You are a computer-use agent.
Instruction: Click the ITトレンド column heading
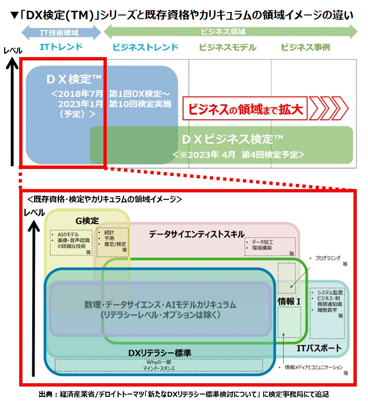pos(61,47)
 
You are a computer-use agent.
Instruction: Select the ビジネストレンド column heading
pos(145,47)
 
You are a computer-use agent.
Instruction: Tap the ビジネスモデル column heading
pos(228,47)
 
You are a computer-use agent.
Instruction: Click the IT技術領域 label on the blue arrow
pos(61,32)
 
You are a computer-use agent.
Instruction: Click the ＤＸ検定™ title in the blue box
pos(74,79)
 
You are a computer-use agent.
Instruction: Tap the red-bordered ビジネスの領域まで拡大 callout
pos(245,109)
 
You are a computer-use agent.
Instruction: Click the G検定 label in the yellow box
pos(87,220)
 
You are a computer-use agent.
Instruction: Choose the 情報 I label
pos(288,301)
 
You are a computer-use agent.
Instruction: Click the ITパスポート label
pos(319,348)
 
